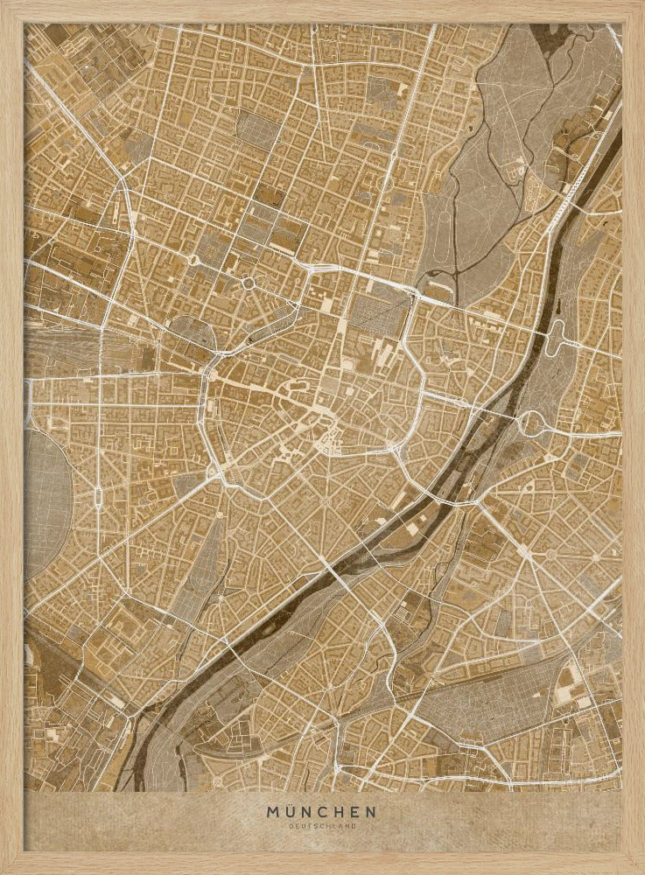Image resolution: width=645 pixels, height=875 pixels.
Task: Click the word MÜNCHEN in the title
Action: [321, 812]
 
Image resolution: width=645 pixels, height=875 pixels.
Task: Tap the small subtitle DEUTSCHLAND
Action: [321, 825]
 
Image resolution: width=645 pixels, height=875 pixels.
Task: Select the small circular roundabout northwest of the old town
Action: [249, 283]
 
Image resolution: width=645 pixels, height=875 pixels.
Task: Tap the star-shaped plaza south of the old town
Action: [325, 501]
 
